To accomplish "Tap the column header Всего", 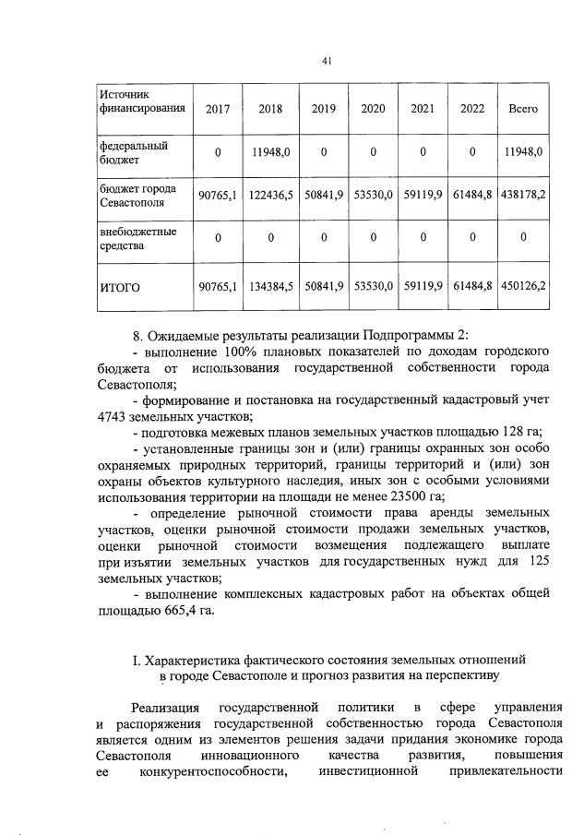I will click(x=523, y=109).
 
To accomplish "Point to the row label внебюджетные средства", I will click(x=137, y=239).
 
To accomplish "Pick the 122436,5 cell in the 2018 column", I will click(x=271, y=195).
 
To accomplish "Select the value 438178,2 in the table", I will click(x=523, y=195).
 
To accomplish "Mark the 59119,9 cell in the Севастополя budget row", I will click(x=423, y=195).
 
